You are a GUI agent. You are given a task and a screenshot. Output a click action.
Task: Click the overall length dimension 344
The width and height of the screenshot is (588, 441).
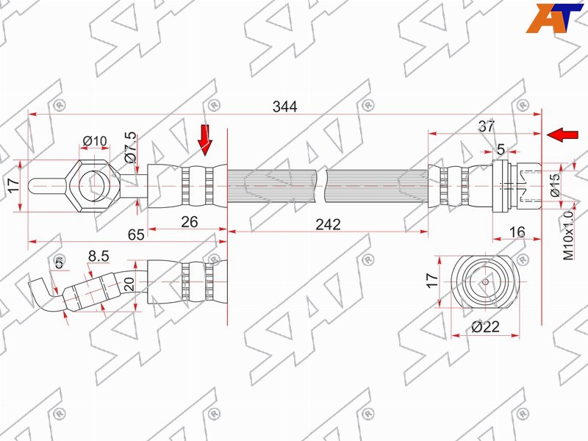284,107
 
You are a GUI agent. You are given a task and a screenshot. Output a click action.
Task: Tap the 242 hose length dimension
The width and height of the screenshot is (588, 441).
328,224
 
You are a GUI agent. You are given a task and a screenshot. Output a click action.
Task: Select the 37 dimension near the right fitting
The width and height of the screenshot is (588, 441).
487,126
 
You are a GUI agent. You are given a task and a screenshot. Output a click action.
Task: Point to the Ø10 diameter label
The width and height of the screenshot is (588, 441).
95,141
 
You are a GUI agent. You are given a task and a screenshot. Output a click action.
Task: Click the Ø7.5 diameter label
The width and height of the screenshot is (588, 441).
131,147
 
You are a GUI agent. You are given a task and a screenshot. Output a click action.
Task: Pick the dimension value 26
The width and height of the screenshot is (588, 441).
190,222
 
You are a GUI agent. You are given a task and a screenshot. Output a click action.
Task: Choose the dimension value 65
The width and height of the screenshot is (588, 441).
136,234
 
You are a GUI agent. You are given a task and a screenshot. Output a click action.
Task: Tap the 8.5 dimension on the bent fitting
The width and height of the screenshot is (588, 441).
98,256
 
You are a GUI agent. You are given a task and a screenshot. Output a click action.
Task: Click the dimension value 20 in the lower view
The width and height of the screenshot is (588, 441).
129,284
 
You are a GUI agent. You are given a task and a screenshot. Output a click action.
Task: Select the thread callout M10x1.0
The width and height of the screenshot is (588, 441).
568,235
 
